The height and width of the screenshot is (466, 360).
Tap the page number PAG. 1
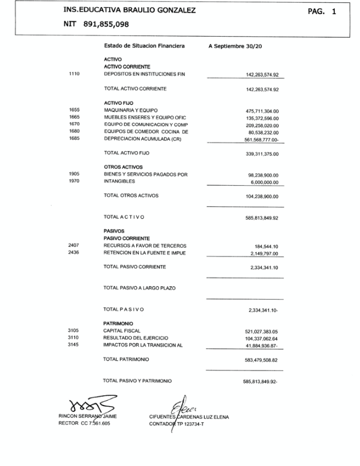(322, 11)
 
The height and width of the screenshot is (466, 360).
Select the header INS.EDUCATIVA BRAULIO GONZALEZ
(130, 10)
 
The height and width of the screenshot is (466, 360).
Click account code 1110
(75, 75)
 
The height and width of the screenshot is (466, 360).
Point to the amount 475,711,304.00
(262, 111)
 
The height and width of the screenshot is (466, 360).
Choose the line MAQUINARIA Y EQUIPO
(130, 110)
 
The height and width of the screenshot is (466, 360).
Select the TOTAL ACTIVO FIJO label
(126, 153)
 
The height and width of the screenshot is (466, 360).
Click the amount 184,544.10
(266, 246)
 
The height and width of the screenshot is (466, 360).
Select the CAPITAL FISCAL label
(122, 330)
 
